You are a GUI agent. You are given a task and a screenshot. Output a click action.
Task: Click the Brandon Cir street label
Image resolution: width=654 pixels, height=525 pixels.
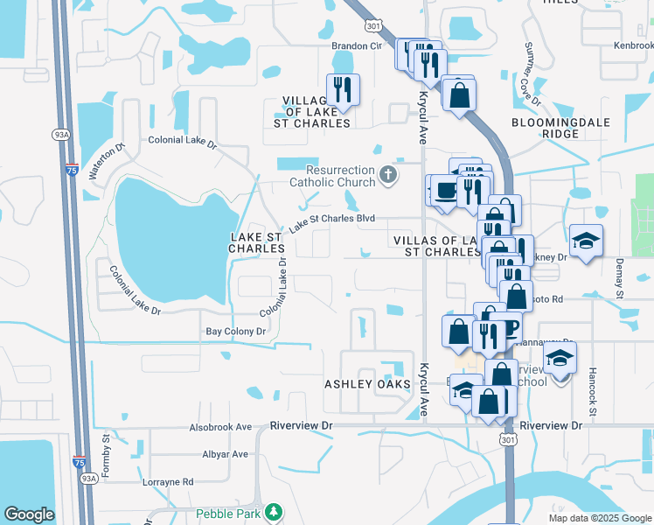[x=357, y=45]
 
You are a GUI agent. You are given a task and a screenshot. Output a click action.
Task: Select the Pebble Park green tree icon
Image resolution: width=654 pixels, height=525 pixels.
[x=275, y=511]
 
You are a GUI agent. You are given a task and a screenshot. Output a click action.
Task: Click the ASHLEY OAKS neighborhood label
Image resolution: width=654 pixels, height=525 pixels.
[x=367, y=384]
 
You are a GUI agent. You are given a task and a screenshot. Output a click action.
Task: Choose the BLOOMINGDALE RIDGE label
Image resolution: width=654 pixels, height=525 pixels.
[x=557, y=128]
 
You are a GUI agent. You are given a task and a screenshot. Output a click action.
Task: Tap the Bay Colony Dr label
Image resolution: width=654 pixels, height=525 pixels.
[x=235, y=332]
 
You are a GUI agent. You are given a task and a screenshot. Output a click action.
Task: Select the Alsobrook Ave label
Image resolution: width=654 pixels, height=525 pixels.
[x=219, y=428]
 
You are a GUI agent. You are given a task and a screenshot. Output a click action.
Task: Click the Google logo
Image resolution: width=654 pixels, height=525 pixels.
[x=30, y=514]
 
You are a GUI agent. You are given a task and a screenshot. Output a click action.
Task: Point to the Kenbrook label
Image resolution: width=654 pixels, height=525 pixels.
[x=633, y=45]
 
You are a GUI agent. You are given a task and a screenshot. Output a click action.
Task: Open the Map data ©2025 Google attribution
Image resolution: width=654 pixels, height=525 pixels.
[x=600, y=518]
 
